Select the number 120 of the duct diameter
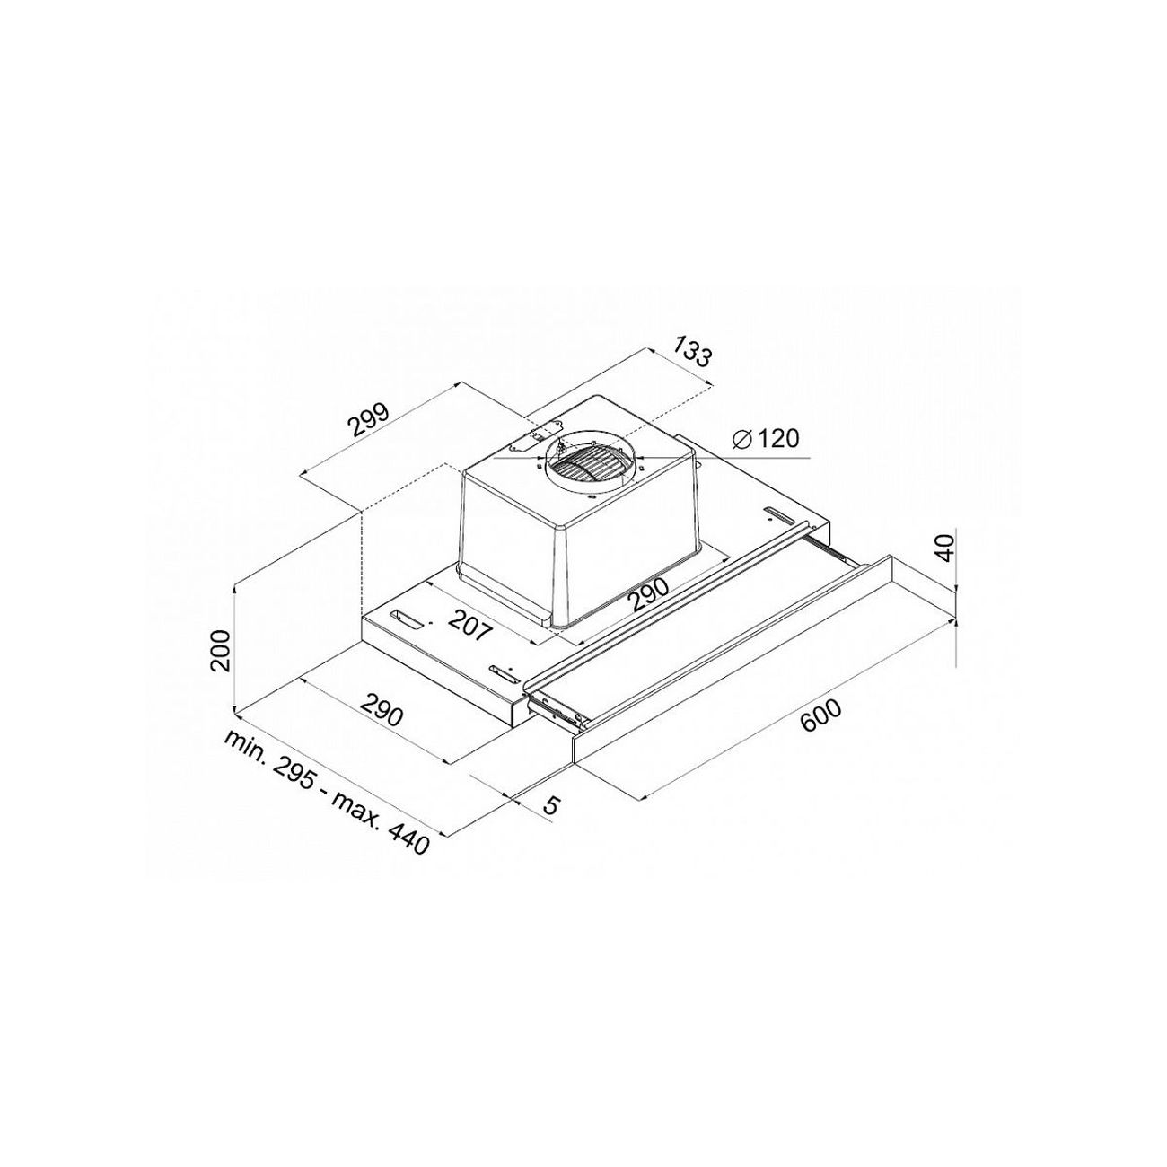777,439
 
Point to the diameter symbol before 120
741,439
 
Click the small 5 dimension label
551,805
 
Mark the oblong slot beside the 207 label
410,620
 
